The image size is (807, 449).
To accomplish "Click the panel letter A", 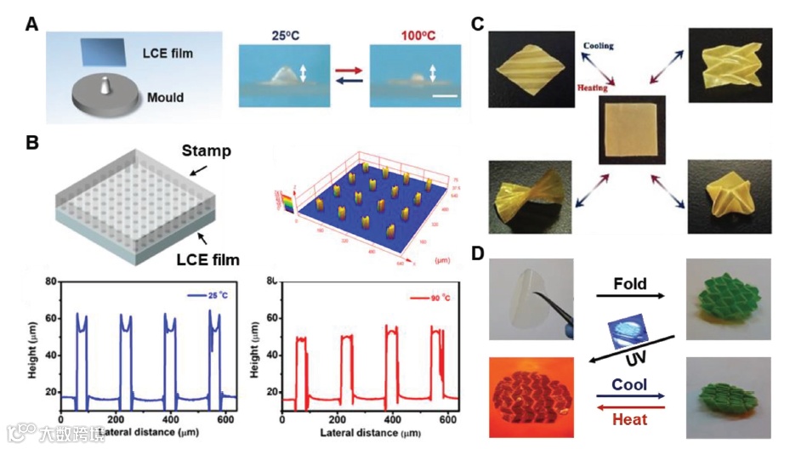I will point(31,25).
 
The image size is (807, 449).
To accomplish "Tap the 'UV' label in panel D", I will point(623,360).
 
